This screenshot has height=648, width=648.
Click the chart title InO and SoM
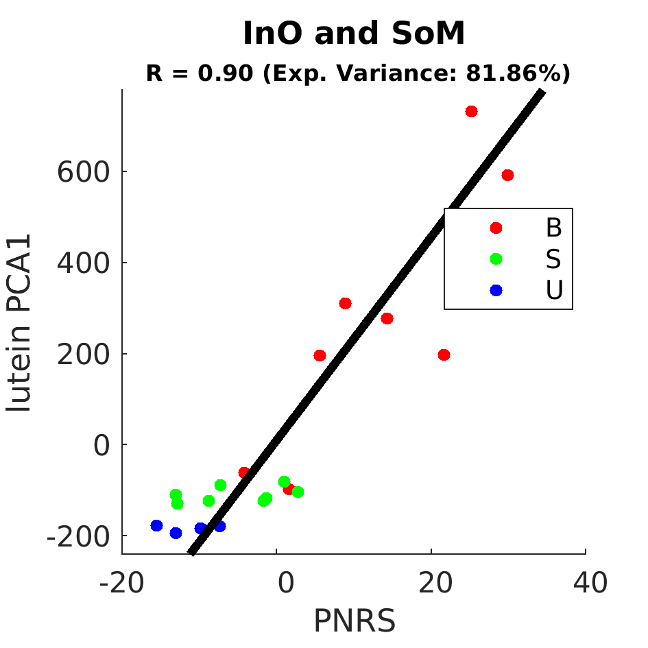354,33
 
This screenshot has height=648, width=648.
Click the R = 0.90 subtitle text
358,73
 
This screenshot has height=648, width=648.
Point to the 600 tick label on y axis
84,172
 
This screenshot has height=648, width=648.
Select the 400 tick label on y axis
84,263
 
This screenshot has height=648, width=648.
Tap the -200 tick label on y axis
79,536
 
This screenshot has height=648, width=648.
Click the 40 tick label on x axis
590,583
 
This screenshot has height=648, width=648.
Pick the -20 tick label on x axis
122,583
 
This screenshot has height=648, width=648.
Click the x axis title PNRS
355,621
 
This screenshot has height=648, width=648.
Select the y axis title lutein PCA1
19,322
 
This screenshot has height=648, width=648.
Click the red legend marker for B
496,228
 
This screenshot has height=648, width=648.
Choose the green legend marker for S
496,259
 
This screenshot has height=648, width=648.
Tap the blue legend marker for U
496,291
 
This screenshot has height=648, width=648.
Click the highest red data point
471,112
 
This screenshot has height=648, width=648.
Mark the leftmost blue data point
156,526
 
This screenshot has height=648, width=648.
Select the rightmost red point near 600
507,176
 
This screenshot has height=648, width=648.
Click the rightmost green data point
298,492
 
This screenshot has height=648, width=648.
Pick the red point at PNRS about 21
444,355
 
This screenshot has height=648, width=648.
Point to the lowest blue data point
176,533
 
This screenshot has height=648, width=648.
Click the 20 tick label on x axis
435,583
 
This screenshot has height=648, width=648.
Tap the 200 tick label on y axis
84,354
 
